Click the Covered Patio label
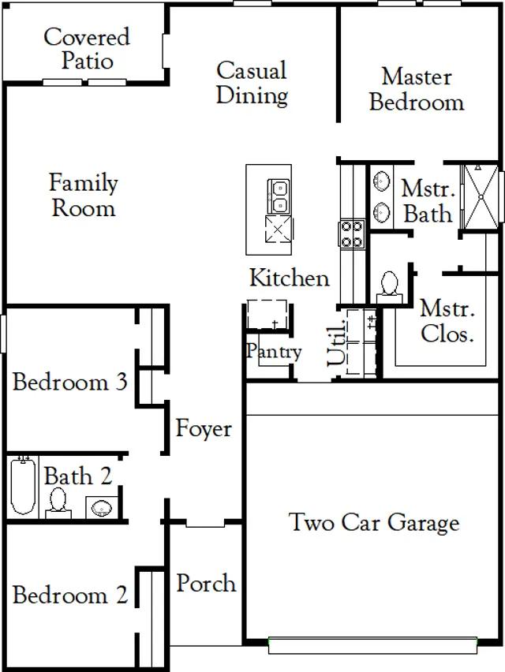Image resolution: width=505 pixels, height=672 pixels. (87, 48)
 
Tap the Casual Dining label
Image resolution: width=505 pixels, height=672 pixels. (252, 83)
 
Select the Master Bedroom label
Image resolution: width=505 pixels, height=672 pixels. (417, 89)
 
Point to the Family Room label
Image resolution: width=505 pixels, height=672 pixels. (83, 195)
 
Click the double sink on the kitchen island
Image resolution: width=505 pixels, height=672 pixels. (279, 196)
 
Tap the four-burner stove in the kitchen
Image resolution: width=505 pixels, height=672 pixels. (352, 233)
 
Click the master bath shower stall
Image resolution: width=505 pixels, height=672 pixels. (481, 196)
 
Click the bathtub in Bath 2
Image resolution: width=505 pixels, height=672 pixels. (23, 485)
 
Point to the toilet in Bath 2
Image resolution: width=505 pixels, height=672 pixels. (58, 503)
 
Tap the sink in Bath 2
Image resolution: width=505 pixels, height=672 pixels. (102, 508)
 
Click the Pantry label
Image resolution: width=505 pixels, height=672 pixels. (274, 352)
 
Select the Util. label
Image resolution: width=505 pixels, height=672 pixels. (336, 343)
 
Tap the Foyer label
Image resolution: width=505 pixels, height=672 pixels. (204, 428)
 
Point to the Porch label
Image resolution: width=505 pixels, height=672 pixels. (206, 583)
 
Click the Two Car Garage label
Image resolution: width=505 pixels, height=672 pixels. (374, 522)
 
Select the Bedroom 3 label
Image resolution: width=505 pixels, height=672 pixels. (70, 382)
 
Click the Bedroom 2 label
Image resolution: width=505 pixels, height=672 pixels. (70, 595)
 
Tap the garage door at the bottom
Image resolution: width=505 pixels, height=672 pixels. (372, 645)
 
